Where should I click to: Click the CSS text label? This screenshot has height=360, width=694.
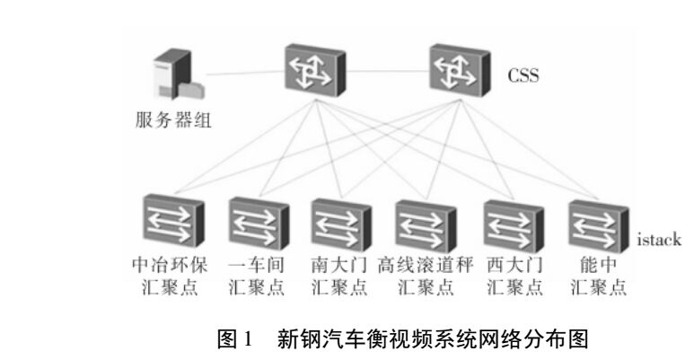click(x=523, y=73)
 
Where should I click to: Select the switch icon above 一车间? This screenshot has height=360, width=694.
click(x=256, y=224)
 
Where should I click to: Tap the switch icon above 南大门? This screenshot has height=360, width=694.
click(x=339, y=224)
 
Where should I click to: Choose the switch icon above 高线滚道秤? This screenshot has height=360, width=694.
click(x=424, y=224)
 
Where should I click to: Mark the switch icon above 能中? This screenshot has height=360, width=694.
click(x=596, y=224)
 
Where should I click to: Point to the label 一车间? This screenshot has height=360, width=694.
click(x=257, y=268)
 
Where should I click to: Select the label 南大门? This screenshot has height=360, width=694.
click(x=339, y=268)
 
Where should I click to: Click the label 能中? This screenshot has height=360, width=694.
click(x=596, y=268)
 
